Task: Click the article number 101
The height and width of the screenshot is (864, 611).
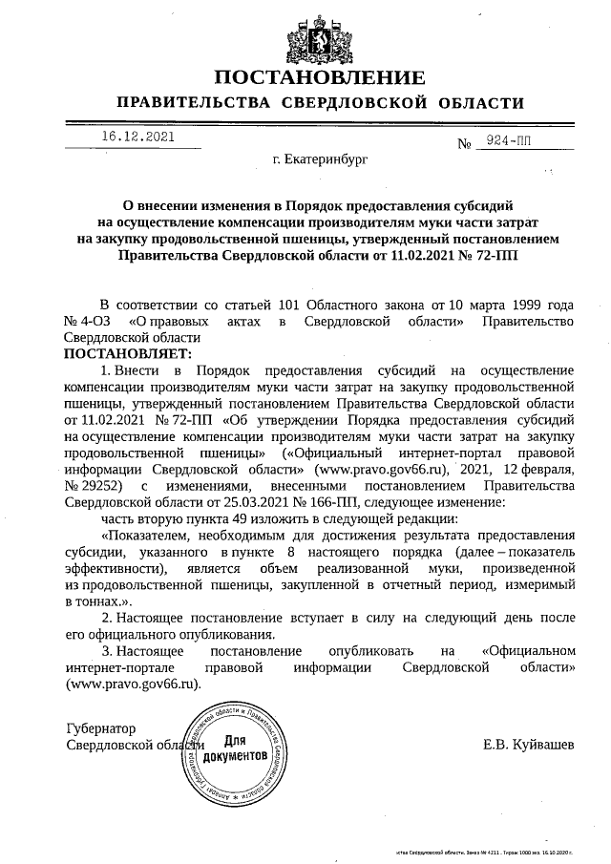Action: (x=288, y=304)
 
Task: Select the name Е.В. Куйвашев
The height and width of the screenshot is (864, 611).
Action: (x=529, y=745)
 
